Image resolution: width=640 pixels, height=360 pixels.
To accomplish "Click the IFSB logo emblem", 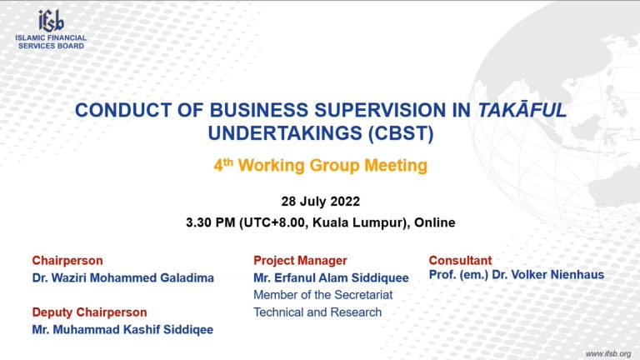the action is point(51,20).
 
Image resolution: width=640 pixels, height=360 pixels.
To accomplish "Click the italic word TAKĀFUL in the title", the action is point(522,110).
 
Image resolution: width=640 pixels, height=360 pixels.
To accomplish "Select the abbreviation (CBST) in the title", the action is point(401,133).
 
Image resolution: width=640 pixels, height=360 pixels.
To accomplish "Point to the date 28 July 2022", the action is point(320,201).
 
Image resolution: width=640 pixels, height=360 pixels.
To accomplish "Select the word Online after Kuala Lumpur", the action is point(434,222).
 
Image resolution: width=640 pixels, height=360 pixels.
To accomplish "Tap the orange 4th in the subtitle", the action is point(223,165).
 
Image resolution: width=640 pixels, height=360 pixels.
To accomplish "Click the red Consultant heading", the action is point(460,260).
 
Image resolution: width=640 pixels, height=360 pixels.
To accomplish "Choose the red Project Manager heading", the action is point(300,260).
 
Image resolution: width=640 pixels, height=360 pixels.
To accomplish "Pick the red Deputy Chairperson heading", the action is point(89,312).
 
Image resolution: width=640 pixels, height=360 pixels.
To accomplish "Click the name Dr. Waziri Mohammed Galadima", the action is point(122,278).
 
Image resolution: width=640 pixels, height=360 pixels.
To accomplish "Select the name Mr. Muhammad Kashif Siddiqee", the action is point(122,329).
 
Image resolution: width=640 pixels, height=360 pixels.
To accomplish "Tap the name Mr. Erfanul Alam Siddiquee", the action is point(331,278).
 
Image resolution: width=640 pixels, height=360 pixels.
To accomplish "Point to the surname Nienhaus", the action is point(577,275).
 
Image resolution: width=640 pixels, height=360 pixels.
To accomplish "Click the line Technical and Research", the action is point(317,312).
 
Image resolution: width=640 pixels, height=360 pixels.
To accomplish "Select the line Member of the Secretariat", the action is point(322,295).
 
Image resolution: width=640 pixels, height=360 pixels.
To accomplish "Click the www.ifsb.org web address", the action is point(608,354).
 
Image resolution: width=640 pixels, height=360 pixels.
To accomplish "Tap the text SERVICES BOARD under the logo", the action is point(51,46).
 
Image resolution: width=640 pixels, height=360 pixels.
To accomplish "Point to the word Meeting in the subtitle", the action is point(396,166).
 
